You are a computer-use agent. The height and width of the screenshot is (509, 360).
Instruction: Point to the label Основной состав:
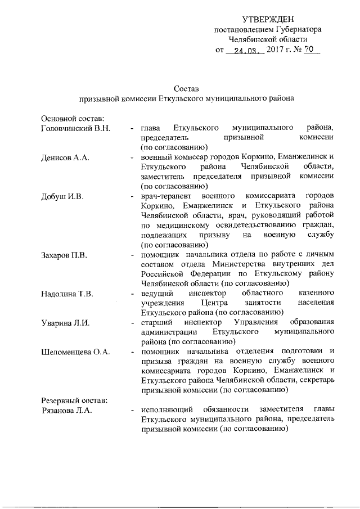click(x=73, y=118)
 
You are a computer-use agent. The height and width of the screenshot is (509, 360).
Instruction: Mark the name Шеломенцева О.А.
click(x=76, y=352)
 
